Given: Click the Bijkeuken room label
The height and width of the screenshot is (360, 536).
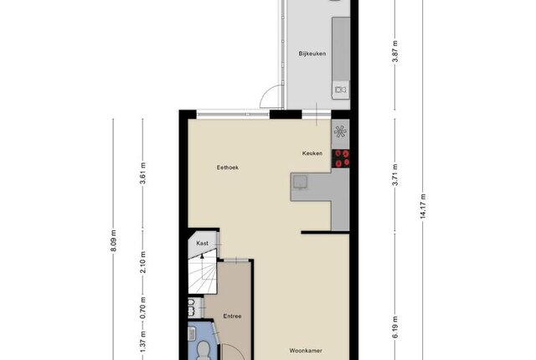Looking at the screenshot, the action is (x=312, y=54).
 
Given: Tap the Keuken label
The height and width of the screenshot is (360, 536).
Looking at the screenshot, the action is (x=312, y=153).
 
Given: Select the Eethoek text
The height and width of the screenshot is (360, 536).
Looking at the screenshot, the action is (x=228, y=167).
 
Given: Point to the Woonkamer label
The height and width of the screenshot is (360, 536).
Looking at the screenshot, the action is (x=306, y=351).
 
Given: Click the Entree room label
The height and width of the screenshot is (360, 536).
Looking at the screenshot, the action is (x=232, y=316).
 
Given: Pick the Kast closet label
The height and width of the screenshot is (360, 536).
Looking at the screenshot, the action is (x=203, y=243).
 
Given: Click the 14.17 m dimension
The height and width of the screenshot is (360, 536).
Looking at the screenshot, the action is (x=423, y=206).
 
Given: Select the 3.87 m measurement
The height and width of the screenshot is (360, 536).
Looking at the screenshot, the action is (x=395, y=51).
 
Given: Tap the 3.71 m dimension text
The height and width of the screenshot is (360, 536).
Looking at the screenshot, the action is (x=395, y=175).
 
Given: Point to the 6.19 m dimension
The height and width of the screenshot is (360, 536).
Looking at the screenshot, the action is (x=395, y=327).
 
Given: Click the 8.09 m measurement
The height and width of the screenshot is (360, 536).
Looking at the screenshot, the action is (x=114, y=241).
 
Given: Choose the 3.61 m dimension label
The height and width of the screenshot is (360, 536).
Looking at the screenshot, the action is (x=143, y=173).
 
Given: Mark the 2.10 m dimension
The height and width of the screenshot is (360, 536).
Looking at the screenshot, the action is (x=143, y=262).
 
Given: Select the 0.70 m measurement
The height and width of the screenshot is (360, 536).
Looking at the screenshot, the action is (x=143, y=307).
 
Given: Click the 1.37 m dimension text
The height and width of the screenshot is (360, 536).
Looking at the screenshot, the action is (x=143, y=342).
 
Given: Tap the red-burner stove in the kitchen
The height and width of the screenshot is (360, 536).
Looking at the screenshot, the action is (x=341, y=158).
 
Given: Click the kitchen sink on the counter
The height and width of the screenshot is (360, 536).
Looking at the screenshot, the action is (x=301, y=182).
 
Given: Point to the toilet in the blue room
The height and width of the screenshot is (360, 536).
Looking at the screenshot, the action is (x=204, y=351).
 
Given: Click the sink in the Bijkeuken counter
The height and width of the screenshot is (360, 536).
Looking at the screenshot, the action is (x=341, y=90).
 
